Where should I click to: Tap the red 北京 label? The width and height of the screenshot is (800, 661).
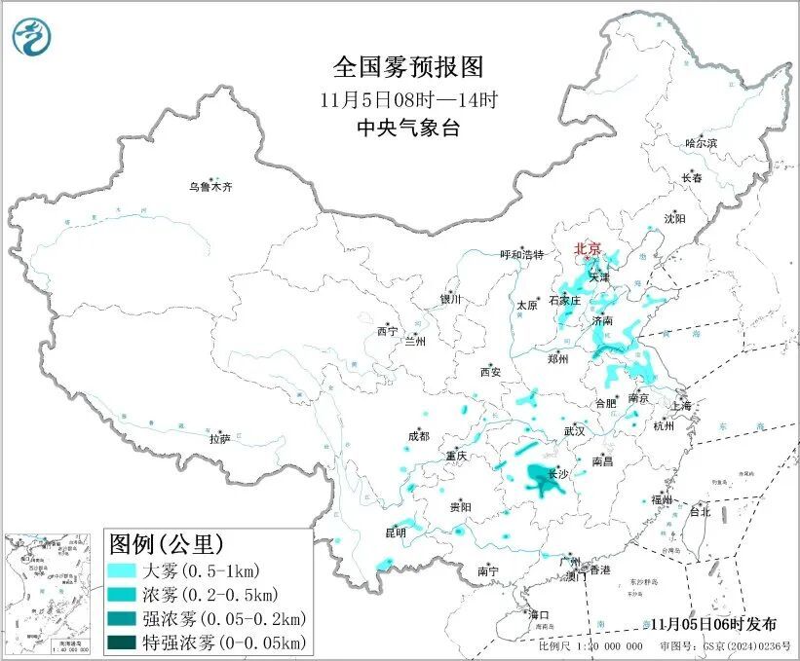tap(589, 248)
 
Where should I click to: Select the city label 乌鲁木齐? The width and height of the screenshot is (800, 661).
tap(211, 186)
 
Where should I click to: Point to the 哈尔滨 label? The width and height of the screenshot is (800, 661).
tap(700, 143)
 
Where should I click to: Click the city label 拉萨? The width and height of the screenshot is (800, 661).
tap(219, 438)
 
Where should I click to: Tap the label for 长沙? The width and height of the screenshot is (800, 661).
tap(558, 474)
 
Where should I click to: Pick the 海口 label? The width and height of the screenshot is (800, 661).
tap(539, 614)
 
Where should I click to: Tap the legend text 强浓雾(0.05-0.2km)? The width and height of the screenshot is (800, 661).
tap(225, 618)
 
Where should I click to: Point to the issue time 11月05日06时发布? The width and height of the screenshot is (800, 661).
tap(715, 624)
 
